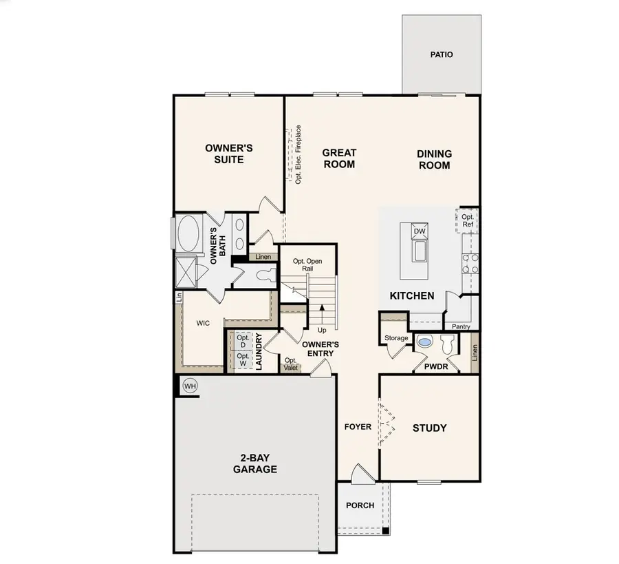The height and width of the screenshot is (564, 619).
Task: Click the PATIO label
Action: click(x=442, y=54)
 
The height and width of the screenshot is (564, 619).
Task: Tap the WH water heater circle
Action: click(x=190, y=386)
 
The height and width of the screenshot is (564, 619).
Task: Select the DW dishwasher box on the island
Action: click(x=419, y=231)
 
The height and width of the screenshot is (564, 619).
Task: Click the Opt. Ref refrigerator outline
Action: click(x=468, y=221)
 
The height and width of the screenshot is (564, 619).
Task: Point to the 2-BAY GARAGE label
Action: click(x=254, y=464)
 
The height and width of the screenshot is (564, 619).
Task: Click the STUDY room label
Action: click(x=429, y=428)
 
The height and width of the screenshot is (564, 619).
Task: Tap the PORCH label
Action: click(x=360, y=505)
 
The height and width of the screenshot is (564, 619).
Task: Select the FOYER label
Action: click(x=358, y=427)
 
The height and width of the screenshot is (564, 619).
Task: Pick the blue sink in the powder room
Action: click(x=425, y=342)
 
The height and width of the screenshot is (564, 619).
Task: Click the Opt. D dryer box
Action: click(x=242, y=342)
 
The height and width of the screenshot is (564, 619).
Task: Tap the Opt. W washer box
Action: click(x=242, y=359)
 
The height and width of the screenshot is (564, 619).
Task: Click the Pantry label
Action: click(x=461, y=326)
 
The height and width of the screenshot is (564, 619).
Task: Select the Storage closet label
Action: click(x=396, y=338)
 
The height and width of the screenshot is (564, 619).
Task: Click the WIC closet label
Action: click(x=203, y=323)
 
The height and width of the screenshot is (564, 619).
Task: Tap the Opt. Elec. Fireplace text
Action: click(x=298, y=154)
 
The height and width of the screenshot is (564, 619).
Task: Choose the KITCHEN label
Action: click(x=412, y=296)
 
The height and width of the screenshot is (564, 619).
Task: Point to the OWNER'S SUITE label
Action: click(x=229, y=154)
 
